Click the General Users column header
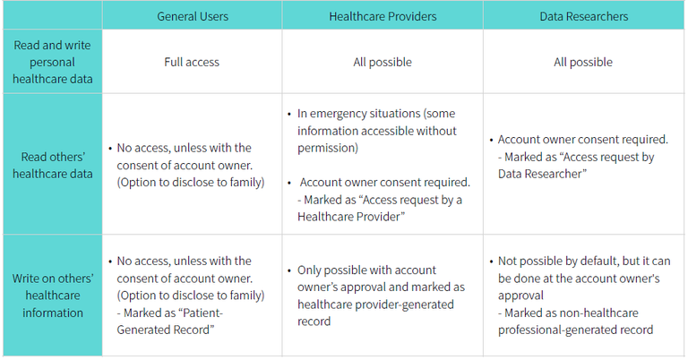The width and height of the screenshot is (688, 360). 192,16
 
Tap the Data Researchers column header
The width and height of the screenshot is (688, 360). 583,16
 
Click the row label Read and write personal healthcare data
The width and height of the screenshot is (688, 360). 51,63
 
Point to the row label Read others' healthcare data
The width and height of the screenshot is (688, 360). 51,166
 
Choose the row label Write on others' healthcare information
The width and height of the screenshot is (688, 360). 51,296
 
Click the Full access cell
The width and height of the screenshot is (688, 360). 192,63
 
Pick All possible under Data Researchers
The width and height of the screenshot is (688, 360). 583,63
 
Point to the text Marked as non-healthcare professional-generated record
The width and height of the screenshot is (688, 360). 577,321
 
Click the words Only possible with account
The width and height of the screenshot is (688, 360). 367,270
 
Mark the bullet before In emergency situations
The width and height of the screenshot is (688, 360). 289,115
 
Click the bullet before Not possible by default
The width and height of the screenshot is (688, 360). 491,261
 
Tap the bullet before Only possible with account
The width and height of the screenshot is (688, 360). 289,270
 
